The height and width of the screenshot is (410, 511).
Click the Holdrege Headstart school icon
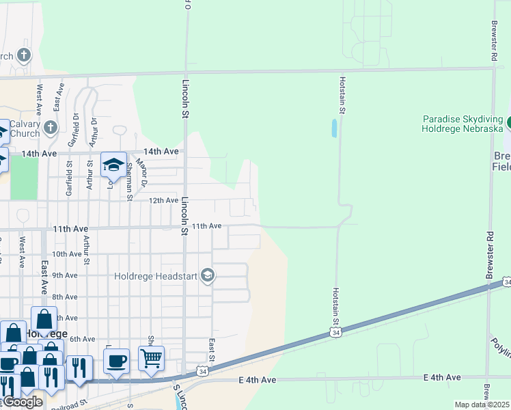click(x=208, y=276)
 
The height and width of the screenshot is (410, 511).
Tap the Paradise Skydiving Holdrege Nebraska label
click(x=462, y=123)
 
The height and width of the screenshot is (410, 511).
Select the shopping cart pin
click(x=151, y=357)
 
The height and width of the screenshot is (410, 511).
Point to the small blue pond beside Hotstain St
click(x=333, y=128)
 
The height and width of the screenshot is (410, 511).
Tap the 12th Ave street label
click(x=163, y=200)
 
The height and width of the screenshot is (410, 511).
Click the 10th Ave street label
click(x=67, y=254)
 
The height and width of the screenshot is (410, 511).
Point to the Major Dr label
click(x=141, y=173)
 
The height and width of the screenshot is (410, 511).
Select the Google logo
click(x=23, y=402)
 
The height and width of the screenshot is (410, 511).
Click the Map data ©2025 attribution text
click(x=482, y=405)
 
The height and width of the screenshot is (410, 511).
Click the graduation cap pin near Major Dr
click(x=113, y=165)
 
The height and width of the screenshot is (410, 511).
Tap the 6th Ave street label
click(x=82, y=340)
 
